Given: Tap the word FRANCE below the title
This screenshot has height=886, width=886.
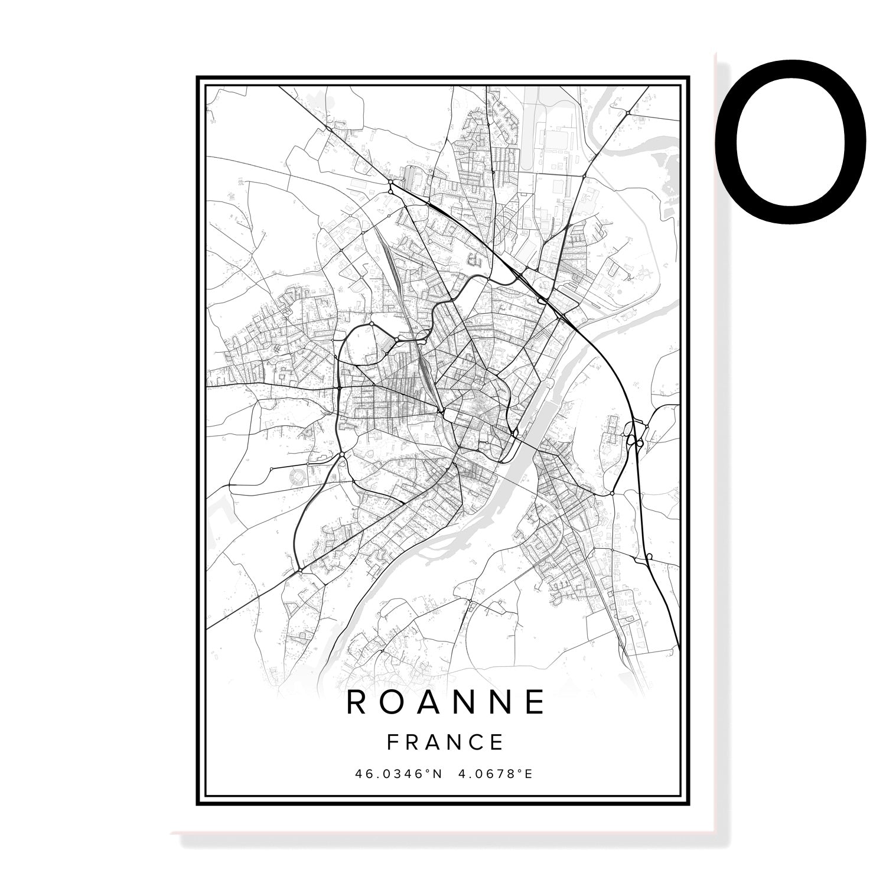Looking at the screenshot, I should [445, 742].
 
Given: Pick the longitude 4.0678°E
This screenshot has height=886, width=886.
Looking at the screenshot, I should [496, 773].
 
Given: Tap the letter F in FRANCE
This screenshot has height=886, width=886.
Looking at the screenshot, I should [392, 742].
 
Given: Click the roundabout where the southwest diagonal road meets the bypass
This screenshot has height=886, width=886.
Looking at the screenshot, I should [300, 571].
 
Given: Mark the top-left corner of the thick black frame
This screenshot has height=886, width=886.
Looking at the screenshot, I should [198, 77].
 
